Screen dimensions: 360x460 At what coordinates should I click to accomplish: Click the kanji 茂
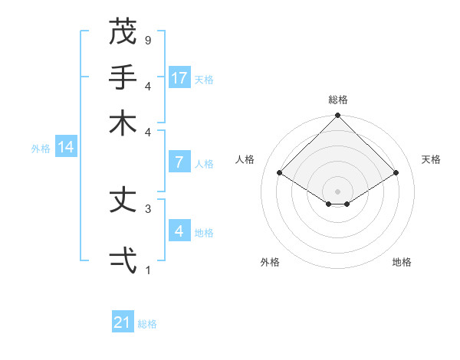tap(123, 31)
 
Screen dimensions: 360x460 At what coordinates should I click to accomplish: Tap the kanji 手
tap(123, 77)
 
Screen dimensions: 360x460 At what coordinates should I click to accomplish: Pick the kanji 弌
tap(123, 260)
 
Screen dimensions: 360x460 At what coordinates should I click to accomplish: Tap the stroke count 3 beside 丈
tap(148, 208)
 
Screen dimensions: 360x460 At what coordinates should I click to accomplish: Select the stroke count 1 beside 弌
tap(148, 270)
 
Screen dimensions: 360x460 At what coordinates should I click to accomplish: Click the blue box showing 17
tap(179, 78)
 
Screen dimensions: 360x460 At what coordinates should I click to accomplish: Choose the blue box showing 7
tap(179, 162)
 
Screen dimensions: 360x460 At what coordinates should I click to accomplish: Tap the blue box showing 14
tap(66, 148)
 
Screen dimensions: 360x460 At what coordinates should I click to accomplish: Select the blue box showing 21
tap(123, 322)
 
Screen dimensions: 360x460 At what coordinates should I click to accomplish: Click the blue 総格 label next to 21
tap(148, 324)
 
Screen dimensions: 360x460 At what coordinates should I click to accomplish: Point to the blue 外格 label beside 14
tap(41, 149)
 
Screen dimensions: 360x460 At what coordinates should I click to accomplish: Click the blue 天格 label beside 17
tap(204, 79)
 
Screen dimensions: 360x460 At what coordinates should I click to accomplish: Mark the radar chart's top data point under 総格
tap(337, 116)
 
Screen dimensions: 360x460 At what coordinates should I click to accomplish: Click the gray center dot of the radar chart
tap(337, 191)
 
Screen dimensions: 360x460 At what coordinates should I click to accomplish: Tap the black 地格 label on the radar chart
tap(402, 262)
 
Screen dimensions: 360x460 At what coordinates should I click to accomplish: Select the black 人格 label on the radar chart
tap(245, 159)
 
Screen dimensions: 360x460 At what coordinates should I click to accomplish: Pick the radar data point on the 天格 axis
tap(396, 173)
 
